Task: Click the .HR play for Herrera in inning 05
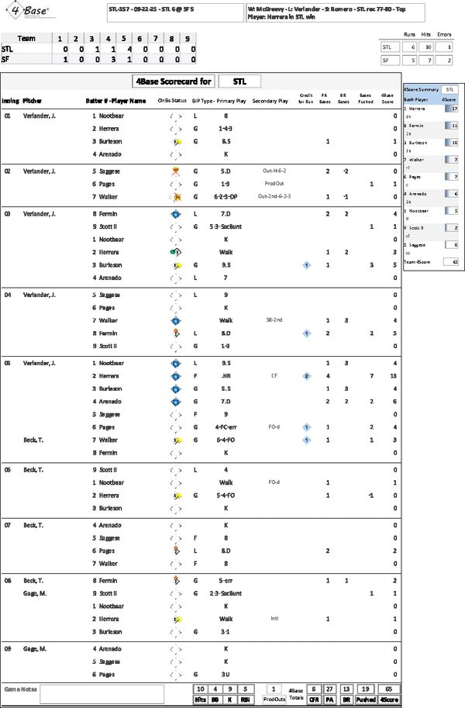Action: point(226,375)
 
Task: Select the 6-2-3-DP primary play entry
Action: point(226,197)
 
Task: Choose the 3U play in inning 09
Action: point(226,674)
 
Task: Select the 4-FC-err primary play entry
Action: point(226,427)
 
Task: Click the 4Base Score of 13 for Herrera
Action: point(395,375)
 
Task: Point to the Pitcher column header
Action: point(33,100)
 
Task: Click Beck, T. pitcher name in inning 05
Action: point(35,440)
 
